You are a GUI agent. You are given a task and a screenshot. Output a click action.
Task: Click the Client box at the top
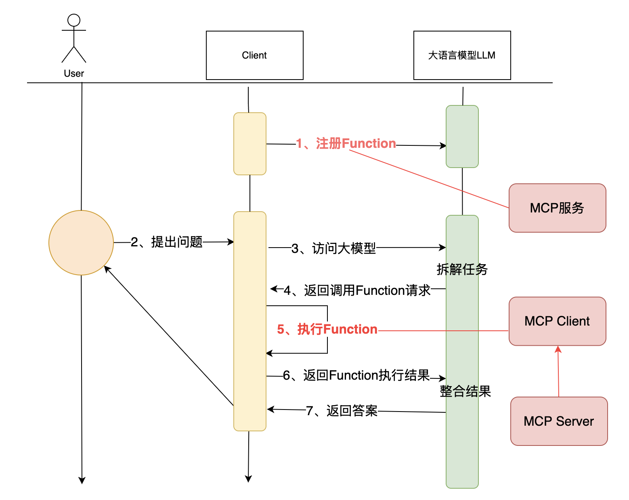coord(254,55)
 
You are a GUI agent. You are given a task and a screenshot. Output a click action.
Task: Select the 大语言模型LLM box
coord(462,55)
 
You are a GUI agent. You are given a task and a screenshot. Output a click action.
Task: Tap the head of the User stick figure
coord(74,20)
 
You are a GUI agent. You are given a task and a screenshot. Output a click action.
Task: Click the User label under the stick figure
coord(74,74)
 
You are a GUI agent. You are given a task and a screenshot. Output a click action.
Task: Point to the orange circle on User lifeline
coord(81,243)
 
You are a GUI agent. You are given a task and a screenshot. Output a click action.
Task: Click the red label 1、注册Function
coord(346,143)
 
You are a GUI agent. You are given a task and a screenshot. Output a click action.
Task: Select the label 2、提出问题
coord(167,242)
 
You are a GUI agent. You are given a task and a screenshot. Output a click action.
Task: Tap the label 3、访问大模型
coord(333,248)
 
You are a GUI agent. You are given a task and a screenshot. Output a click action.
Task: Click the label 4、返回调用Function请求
coord(357,290)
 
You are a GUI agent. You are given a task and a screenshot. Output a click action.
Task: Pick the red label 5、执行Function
coord(327,329)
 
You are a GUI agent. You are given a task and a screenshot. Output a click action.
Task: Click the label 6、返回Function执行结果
coord(356,375)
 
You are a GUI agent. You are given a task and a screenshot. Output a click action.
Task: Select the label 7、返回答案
coord(342,410)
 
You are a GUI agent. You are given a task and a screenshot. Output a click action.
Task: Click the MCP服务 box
coord(557,208)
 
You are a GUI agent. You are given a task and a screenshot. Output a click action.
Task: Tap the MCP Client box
coord(557,321)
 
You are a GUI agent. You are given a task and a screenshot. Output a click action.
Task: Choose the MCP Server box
coord(559,421)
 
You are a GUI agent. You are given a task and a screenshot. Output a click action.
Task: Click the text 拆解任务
coord(462,269)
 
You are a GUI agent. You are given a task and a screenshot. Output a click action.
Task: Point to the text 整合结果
coord(465,391)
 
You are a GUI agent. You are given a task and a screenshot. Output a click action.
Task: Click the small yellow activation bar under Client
coord(250,143)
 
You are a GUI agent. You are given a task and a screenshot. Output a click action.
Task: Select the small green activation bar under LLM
coord(462,136)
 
